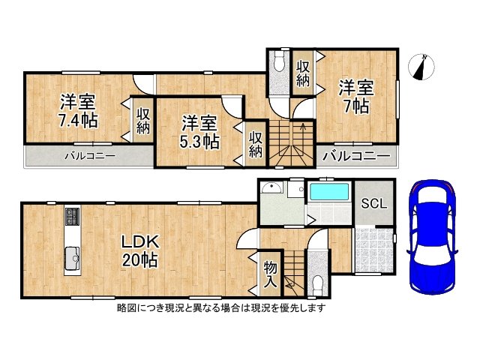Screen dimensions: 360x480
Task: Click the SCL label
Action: click(373, 203)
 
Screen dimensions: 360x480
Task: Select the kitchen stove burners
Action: click(73, 217)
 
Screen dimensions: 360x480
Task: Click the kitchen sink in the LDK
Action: click(73, 258)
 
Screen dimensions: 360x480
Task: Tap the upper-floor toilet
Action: click(279, 61)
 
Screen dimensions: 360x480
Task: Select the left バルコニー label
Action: click(88, 157)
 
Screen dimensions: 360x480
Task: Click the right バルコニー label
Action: click(356, 157)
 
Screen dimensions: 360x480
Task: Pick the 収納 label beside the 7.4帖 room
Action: click(143, 120)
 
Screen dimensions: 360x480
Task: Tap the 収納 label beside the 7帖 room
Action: click(303, 73)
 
